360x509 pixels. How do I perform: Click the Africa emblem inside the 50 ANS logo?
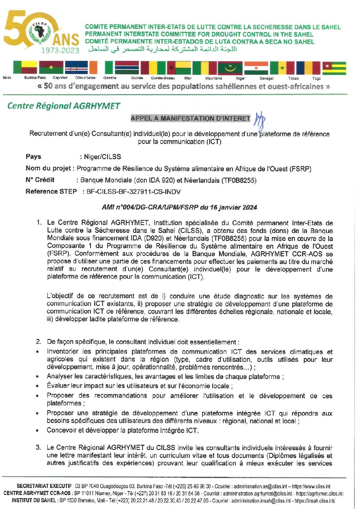[x=40, y=33]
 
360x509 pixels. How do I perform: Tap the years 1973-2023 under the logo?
[x=60, y=50]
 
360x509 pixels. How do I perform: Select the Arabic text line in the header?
[x=162, y=49]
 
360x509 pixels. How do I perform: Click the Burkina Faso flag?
[x=51, y=67]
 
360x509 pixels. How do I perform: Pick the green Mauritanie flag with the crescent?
[x=230, y=68]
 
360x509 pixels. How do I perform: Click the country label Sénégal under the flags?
[x=266, y=78]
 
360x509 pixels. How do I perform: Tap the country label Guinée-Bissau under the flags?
[x=163, y=78]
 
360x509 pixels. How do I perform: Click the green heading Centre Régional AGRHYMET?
[x=64, y=106]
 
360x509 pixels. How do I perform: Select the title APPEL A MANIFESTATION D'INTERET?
[x=190, y=118]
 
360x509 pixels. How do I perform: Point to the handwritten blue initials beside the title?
[x=260, y=120]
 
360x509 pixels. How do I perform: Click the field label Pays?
[x=33, y=156]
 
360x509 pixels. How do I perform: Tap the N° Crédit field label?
[x=40, y=180]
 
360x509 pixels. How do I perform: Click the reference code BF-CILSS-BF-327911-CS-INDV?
[x=133, y=192]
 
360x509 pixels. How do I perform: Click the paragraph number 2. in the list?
[x=39, y=342]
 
